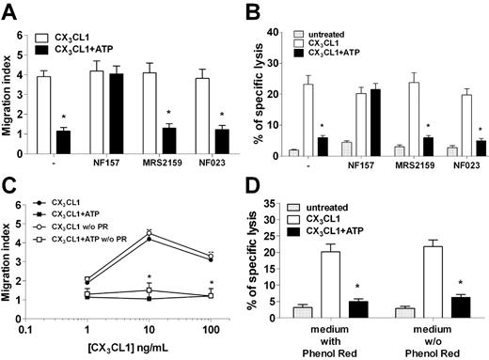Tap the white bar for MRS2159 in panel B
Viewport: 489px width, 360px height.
(x=412, y=119)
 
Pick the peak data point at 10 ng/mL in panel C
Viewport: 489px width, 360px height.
(x=148, y=232)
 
